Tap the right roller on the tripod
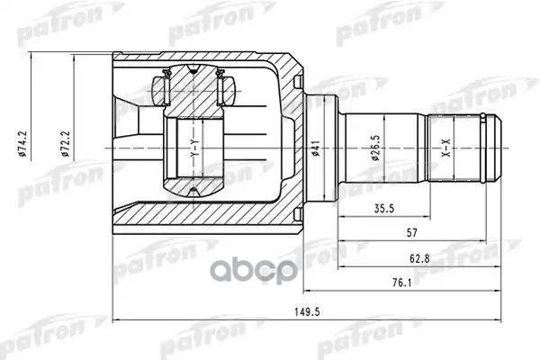click(227, 90)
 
